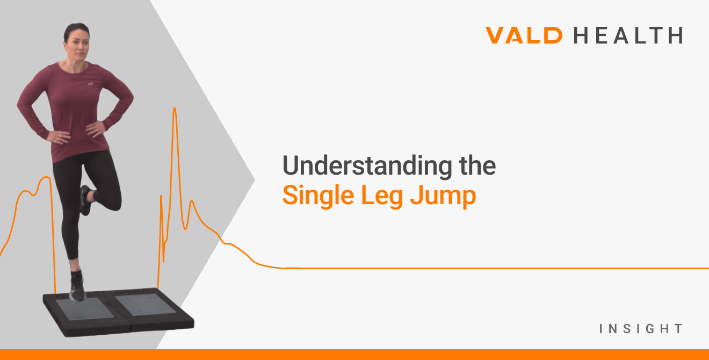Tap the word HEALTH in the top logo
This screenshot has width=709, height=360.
(628, 35)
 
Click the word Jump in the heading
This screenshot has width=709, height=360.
(443, 196)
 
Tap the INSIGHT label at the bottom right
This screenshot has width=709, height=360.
(641, 328)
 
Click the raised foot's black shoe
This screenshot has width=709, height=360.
(85, 200)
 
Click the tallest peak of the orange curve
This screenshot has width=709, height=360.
(175, 109)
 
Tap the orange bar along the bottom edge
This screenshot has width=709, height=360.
(354, 355)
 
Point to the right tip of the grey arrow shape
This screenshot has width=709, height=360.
(254, 177)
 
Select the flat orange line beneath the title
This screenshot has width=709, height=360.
(483, 268)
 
